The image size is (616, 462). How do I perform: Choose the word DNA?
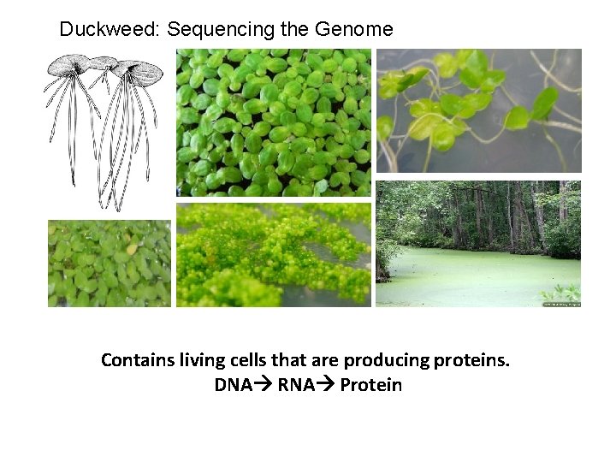pyautogui.click(x=234, y=385)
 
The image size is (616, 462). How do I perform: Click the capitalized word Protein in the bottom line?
pyautogui.click(x=370, y=385)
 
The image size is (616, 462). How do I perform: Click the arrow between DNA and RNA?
pyautogui.click(x=264, y=385)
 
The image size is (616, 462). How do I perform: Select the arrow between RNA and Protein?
pyautogui.click(x=326, y=385)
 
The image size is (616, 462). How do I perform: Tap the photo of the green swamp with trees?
pyautogui.click(x=478, y=244)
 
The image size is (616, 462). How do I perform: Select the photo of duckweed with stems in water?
pyautogui.click(x=478, y=110)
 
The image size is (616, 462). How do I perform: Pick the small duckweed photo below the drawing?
pyautogui.click(x=110, y=264)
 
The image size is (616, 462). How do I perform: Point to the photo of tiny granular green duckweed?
pyautogui.click(x=274, y=254)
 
